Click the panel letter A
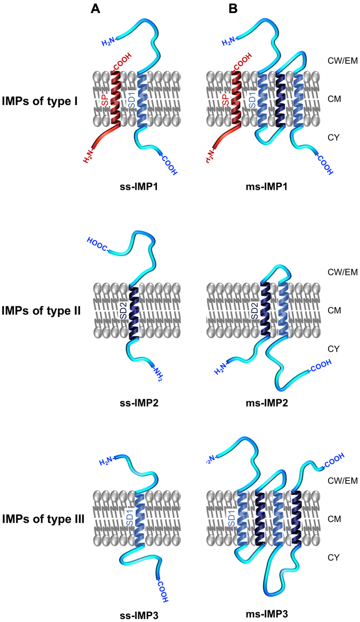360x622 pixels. pyautogui.click(x=95, y=8)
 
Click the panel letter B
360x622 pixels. pyautogui.click(x=233, y=8)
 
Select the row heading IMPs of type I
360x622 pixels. pyautogui.click(x=40, y=101)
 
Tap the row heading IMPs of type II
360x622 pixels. pyautogui.click(x=41, y=311)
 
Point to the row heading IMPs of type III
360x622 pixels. pyautogui.click(x=43, y=518)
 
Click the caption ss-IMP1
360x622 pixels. pyautogui.click(x=139, y=187)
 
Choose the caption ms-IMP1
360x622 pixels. pyautogui.click(x=267, y=187)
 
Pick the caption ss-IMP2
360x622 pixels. pyautogui.click(x=139, y=403)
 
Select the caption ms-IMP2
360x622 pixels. pyautogui.click(x=267, y=403)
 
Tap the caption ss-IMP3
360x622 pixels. pyautogui.click(x=139, y=615)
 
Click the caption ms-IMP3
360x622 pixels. pyautogui.click(x=267, y=614)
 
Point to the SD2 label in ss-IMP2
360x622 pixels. pyautogui.click(x=123, y=311)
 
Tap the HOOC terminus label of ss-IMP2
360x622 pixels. pyautogui.click(x=96, y=245)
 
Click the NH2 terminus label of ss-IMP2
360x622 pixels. pyautogui.click(x=158, y=373)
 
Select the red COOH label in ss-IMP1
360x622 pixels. pyautogui.click(x=123, y=62)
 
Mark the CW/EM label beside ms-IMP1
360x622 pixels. pyautogui.click(x=342, y=61)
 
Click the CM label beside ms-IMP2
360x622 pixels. pyautogui.click(x=334, y=311)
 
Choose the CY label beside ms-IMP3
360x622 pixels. pyautogui.click(x=334, y=557)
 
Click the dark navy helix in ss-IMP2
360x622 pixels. pyautogui.click(x=134, y=312)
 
